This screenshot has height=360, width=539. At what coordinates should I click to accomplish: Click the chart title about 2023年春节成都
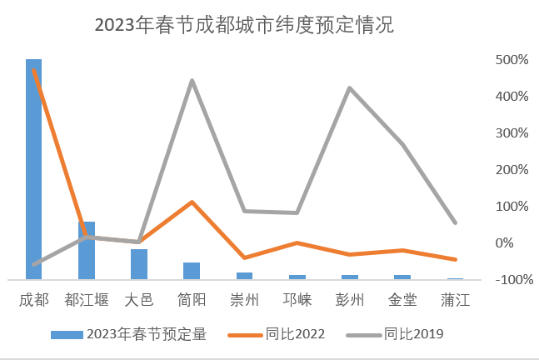pyautogui.click(x=244, y=26)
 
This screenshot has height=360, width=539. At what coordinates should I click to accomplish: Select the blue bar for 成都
pyautogui.click(x=34, y=167)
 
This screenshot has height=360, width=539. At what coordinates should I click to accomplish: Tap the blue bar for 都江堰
pyautogui.click(x=87, y=250)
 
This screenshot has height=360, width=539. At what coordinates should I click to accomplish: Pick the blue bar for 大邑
pyautogui.click(x=139, y=264)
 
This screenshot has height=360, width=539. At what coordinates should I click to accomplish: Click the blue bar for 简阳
pyautogui.click(x=192, y=271)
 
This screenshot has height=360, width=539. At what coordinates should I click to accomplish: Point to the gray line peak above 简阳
pyautogui.click(x=192, y=81)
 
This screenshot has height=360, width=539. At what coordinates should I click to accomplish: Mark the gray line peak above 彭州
pyautogui.click(x=350, y=87)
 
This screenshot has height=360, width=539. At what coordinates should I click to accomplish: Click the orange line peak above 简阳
pyautogui.click(x=192, y=202)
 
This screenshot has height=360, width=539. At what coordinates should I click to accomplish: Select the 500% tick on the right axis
pyautogui.click(x=512, y=60)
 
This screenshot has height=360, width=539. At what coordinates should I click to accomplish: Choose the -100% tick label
pyautogui.click(x=509, y=279)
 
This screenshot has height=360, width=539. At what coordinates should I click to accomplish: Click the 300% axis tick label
pyautogui.click(x=512, y=133)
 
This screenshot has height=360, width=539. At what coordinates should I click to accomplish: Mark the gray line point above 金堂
pyautogui.click(x=402, y=144)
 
